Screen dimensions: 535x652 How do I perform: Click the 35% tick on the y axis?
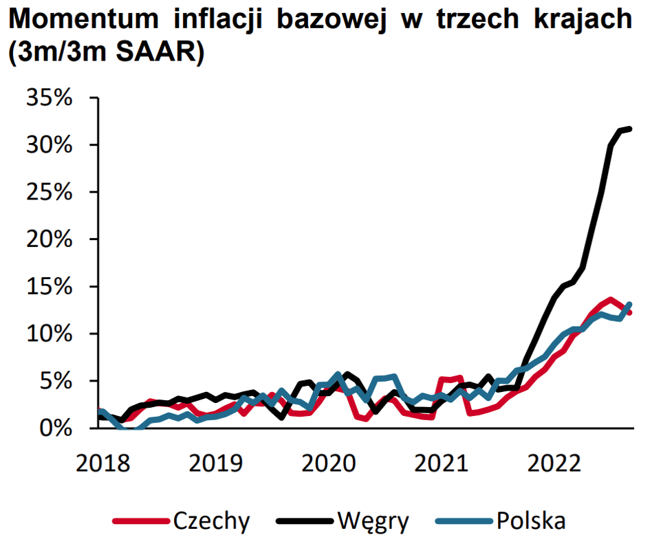[49, 98]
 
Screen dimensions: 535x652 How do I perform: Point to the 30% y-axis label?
[49, 145]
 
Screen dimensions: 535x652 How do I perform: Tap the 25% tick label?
[49, 192]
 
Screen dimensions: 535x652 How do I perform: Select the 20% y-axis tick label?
[49, 239]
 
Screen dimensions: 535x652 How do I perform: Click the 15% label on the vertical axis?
[49, 287]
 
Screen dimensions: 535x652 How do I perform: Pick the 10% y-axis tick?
[49, 334]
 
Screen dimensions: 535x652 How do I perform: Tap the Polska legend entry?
[529, 521]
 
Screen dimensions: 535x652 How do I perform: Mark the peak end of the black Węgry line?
[630, 129]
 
